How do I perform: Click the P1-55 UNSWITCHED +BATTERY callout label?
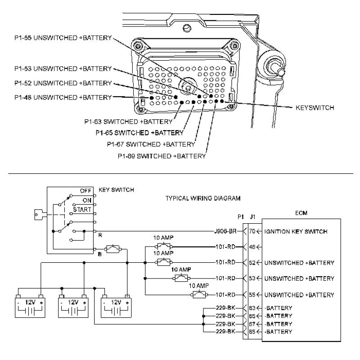point(63,38)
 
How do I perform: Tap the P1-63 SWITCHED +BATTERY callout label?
point(128,121)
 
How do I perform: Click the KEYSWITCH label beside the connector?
point(315,108)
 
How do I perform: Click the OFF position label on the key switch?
point(85,190)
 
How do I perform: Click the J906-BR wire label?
point(225,232)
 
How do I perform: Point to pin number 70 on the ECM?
point(252,232)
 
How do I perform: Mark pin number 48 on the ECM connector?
point(252,247)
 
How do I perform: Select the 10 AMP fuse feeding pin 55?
point(198,295)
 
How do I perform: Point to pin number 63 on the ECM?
point(252,308)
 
